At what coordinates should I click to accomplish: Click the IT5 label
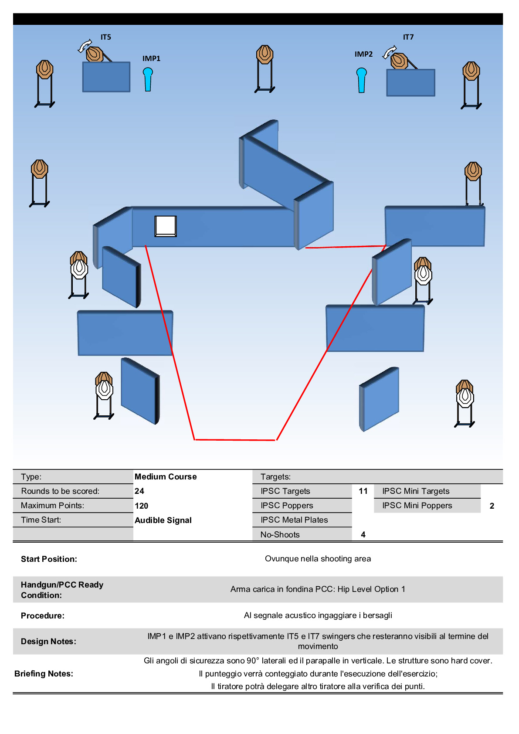[x=106, y=37]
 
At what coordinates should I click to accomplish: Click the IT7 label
[x=408, y=37]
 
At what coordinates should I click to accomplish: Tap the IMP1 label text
[x=151, y=58]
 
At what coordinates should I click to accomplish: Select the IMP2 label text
[x=363, y=54]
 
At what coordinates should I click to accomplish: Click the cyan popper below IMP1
[x=148, y=79]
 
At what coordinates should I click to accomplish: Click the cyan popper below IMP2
[x=361, y=80]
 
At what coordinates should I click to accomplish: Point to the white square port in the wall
[x=166, y=226]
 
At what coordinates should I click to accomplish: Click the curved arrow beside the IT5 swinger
[x=85, y=45]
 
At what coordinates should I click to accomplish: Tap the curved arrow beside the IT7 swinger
[x=389, y=52]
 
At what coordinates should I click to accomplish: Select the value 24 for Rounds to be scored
[x=139, y=491]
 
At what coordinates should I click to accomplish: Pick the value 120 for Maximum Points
[x=142, y=506]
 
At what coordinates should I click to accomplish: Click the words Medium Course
[x=166, y=477]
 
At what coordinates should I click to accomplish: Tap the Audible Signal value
[x=163, y=520]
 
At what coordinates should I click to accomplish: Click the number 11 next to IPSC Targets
[x=363, y=491]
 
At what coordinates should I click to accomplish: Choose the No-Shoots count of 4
[x=363, y=535]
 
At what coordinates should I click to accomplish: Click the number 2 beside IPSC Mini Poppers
[x=492, y=506]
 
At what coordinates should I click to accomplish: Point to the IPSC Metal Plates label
[x=294, y=520]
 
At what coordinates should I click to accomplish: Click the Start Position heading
[x=49, y=559]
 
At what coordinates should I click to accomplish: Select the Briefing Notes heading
[x=44, y=674]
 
